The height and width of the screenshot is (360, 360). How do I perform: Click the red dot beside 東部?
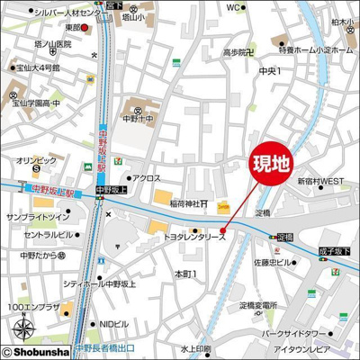[85, 28]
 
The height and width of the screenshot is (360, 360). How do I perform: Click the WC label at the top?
[233, 7]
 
